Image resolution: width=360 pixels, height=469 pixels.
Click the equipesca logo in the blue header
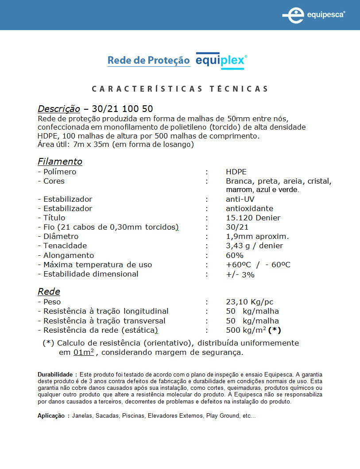click(x=314, y=15)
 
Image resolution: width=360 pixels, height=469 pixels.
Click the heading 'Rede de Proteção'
click(x=148, y=61)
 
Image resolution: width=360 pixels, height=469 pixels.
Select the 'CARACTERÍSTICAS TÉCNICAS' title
click(x=180, y=89)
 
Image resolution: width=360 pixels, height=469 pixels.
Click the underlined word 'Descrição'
click(x=59, y=109)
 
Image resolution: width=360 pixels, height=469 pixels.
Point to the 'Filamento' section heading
click(x=60, y=161)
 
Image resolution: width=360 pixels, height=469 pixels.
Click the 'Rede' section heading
click(x=49, y=292)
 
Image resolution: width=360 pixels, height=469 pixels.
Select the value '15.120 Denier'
click(x=253, y=218)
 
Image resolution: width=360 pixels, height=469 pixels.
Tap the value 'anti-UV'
click(x=240, y=199)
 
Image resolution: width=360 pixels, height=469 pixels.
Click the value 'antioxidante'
click(x=249, y=208)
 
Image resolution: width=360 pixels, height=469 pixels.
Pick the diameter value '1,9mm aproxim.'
click(x=257, y=236)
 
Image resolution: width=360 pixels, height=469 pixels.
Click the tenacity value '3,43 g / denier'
click(x=254, y=246)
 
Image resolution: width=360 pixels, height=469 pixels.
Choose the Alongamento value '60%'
click(x=235, y=255)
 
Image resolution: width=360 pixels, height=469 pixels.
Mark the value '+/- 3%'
click(x=240, y=274)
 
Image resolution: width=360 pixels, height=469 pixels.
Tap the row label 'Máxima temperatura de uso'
click(x=97, y=265)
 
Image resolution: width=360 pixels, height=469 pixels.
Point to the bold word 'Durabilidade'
click(x=55, y=375)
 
